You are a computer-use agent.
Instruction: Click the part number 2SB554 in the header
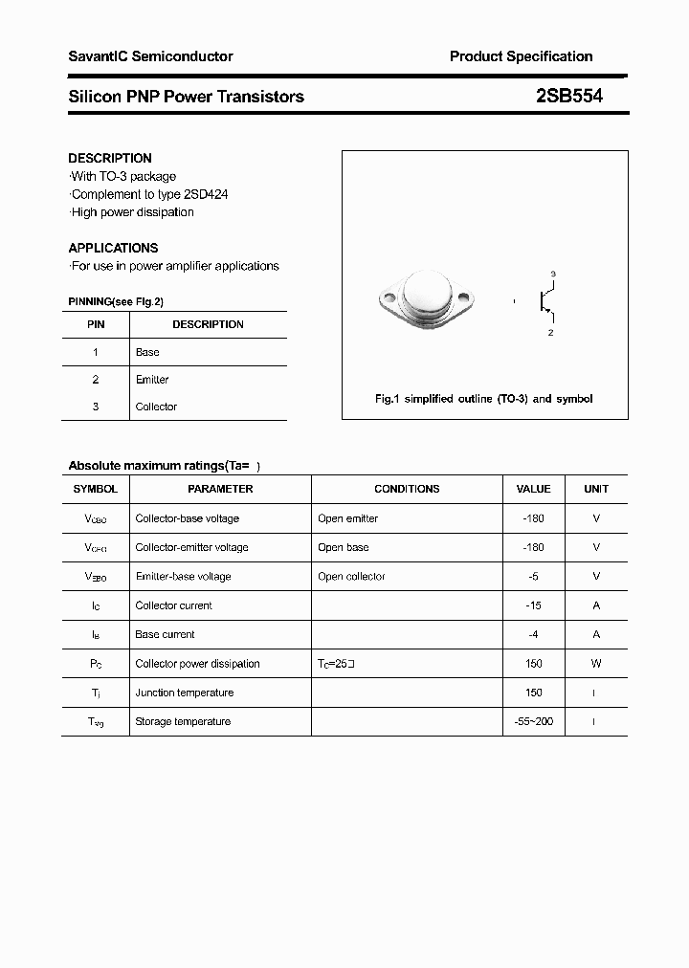click(568, 96)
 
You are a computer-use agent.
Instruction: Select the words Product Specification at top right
click(521, 56)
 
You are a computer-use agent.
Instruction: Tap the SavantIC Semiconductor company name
click(150, 56)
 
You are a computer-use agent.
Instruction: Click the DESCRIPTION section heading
click(110, 158)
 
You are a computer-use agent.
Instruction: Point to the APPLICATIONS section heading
click(113, 248)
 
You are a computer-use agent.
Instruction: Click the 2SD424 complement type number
click(206, 194)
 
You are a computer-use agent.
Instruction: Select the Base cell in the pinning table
click(147, 352)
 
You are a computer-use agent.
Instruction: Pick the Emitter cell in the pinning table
click(152, 380)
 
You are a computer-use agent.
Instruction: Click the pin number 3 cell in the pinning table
click(96, 407)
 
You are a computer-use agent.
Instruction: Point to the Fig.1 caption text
click(483, 399)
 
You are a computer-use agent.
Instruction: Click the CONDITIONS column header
click(407, 489)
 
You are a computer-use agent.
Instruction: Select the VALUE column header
click(533, 489)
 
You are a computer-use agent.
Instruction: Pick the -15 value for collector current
click(533, 605)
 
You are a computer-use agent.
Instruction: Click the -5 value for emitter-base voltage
click(533, 577)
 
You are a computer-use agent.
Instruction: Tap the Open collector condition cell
click(351, 577)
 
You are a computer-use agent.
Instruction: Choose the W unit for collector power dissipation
click(596, 664)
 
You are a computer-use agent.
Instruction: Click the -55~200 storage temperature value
click(533, 721)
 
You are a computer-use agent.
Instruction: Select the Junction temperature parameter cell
click(184, 693)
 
